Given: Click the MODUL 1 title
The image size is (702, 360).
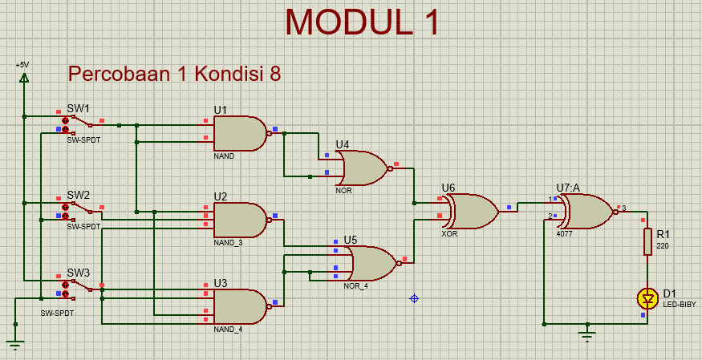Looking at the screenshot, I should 363,22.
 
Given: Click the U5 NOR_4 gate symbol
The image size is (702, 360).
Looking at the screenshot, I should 371,263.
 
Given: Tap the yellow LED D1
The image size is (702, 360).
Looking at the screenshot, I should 647,299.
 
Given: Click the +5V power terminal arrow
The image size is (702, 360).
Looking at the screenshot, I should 24,78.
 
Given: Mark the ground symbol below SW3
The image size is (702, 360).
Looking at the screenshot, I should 15,343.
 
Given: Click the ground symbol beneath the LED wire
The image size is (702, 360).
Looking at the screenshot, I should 588,330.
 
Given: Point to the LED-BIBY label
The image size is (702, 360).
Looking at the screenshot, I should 679,305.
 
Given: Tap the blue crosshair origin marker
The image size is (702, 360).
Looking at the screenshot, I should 414,298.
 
